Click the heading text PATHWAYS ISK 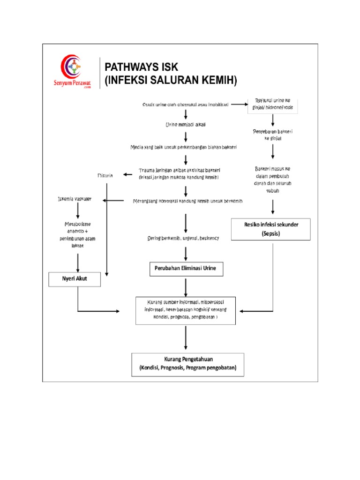coord(141,67)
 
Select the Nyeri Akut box coord(75,280)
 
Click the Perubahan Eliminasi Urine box coord(186,270)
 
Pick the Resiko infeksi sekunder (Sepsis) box coord(271,229)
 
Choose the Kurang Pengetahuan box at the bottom coord(187,364)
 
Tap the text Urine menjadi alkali coord(186,125)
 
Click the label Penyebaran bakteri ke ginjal coord(273,135)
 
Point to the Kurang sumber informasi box coord(186,310)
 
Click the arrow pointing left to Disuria coord(128,175)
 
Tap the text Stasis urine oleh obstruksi coord(185,104)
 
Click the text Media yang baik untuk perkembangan coord(184,147)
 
